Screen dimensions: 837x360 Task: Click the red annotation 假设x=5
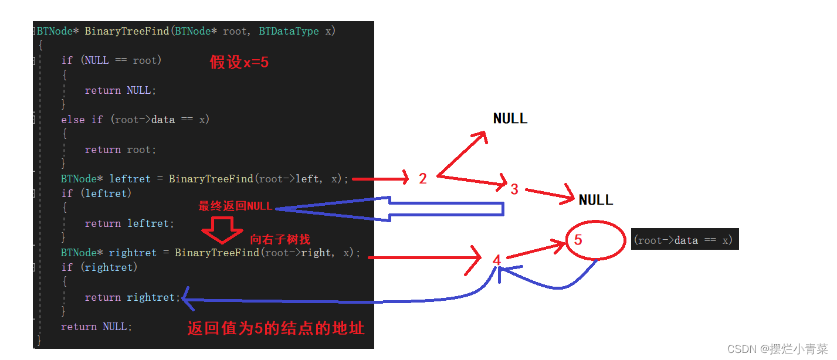coord(239,62)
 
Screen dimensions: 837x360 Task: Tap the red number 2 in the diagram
coord(423,178)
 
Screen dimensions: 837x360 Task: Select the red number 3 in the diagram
coord(514,189)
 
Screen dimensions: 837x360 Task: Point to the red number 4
coord(497,260)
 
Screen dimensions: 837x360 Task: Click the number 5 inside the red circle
coord(578,240)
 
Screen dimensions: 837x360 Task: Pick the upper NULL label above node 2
coord(510,119)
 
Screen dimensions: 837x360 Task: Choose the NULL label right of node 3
coord(595,200)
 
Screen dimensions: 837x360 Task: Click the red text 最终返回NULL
coord(235,206)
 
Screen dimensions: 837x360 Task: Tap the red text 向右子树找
coord(280,239)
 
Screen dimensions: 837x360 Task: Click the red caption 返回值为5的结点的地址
coord(276,328)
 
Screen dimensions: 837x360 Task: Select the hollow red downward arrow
coord(222,230)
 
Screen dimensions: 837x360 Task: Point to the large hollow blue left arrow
coord(389,209)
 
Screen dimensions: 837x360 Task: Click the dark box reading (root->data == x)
coord(684,239)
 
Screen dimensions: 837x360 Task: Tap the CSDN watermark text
coord(777,349)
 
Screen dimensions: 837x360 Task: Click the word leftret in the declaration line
coord(130,179)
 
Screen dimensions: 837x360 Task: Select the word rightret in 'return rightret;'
coord(151,297)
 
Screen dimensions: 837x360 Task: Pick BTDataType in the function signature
coord(289,31)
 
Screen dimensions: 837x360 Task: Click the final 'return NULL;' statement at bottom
coord(96,327)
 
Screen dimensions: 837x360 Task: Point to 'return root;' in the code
coord(120,150)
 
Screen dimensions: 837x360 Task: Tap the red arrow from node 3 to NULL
coord(550,195)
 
